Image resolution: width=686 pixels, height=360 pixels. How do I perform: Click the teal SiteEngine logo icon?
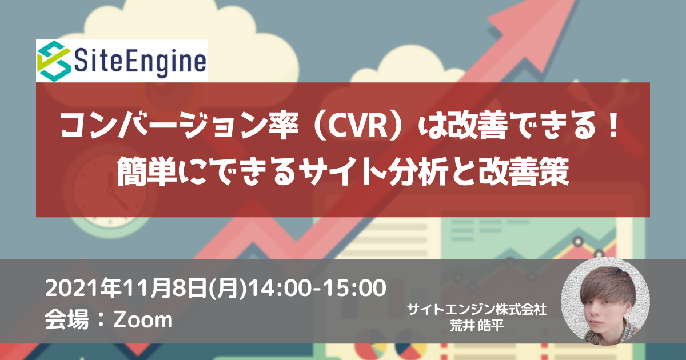[54, 61]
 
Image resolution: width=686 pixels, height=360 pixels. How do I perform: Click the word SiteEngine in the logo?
[140, 62]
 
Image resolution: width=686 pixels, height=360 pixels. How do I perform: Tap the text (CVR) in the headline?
[358, 126]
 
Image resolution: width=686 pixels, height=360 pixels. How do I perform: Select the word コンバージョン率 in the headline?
[180, 126]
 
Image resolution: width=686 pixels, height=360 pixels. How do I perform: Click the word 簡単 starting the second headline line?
[147, 171]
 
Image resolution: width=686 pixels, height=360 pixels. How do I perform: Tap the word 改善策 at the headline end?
[524, 171]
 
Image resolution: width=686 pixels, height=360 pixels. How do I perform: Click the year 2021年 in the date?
[83, 289]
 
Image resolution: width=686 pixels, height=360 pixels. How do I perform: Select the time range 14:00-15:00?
[317, 289]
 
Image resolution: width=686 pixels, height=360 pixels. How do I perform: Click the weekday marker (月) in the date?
[228, 289]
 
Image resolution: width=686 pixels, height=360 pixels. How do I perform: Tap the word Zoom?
[143, 320]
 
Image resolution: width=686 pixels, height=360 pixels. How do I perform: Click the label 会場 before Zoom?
[67, 319]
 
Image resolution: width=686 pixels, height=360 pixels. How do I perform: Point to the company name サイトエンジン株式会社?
[477, 310]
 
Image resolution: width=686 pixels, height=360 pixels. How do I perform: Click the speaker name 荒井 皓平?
[477, 326]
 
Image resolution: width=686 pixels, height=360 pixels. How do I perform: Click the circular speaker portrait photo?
[605, 301]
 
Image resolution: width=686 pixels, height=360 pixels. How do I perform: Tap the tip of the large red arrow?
[573, 1]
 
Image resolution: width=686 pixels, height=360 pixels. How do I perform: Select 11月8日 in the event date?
[165, 289]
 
